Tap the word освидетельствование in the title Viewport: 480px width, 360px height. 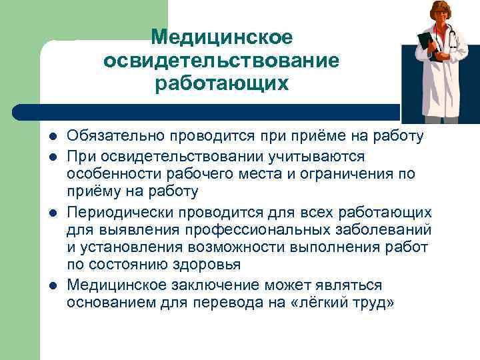tap(221, 61)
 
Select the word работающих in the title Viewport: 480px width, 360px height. tap(221, 84)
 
